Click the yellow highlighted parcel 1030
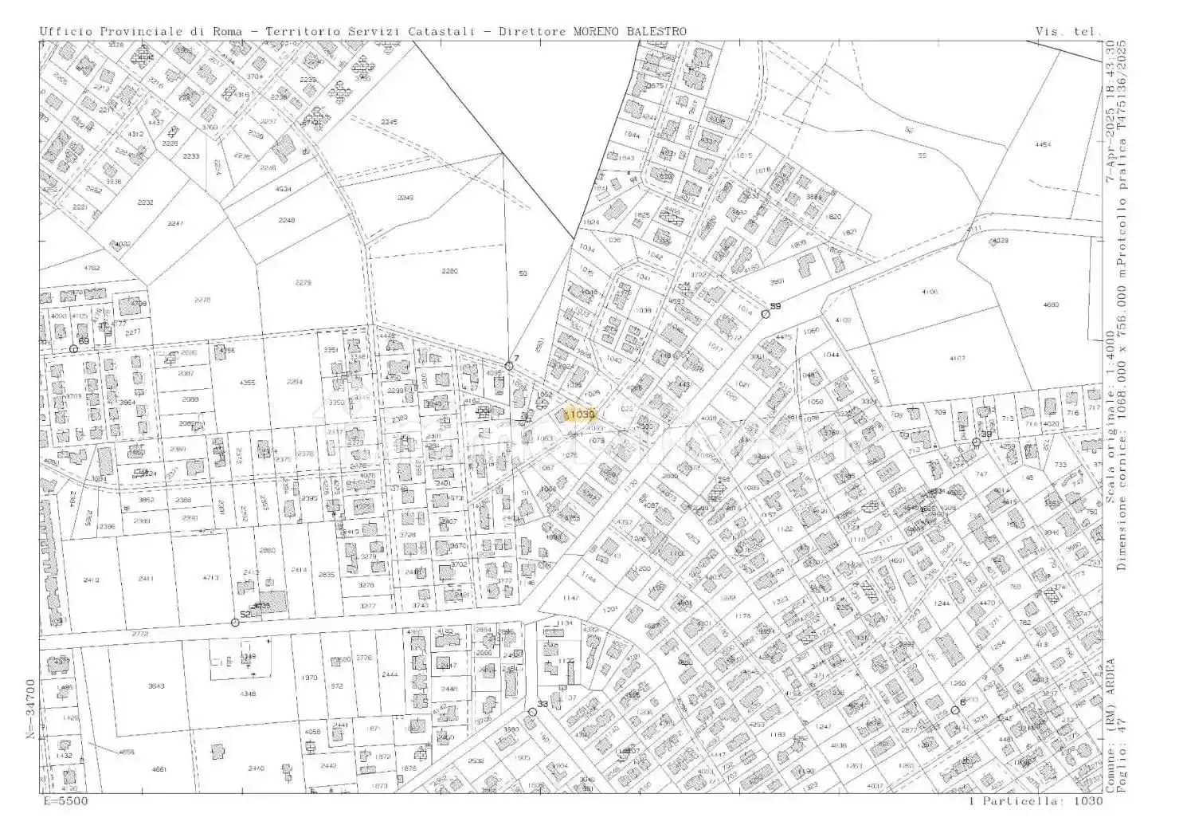point(580,415)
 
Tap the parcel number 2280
point(449,271)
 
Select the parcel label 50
point(523,273)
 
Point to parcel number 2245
point(389,121)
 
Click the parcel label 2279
point(303,282)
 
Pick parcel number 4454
point(1042,144)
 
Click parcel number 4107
point(957,358)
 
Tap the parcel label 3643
point(156,686)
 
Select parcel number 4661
point(159,768)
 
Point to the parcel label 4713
point(210,578)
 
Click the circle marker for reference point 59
point(766,314)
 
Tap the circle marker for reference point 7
point(508,367)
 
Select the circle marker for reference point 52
point(235,622)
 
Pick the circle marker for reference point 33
point(532,712)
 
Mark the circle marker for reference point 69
point(73,349)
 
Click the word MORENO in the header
point(597,31)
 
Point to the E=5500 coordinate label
point(64,800)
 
